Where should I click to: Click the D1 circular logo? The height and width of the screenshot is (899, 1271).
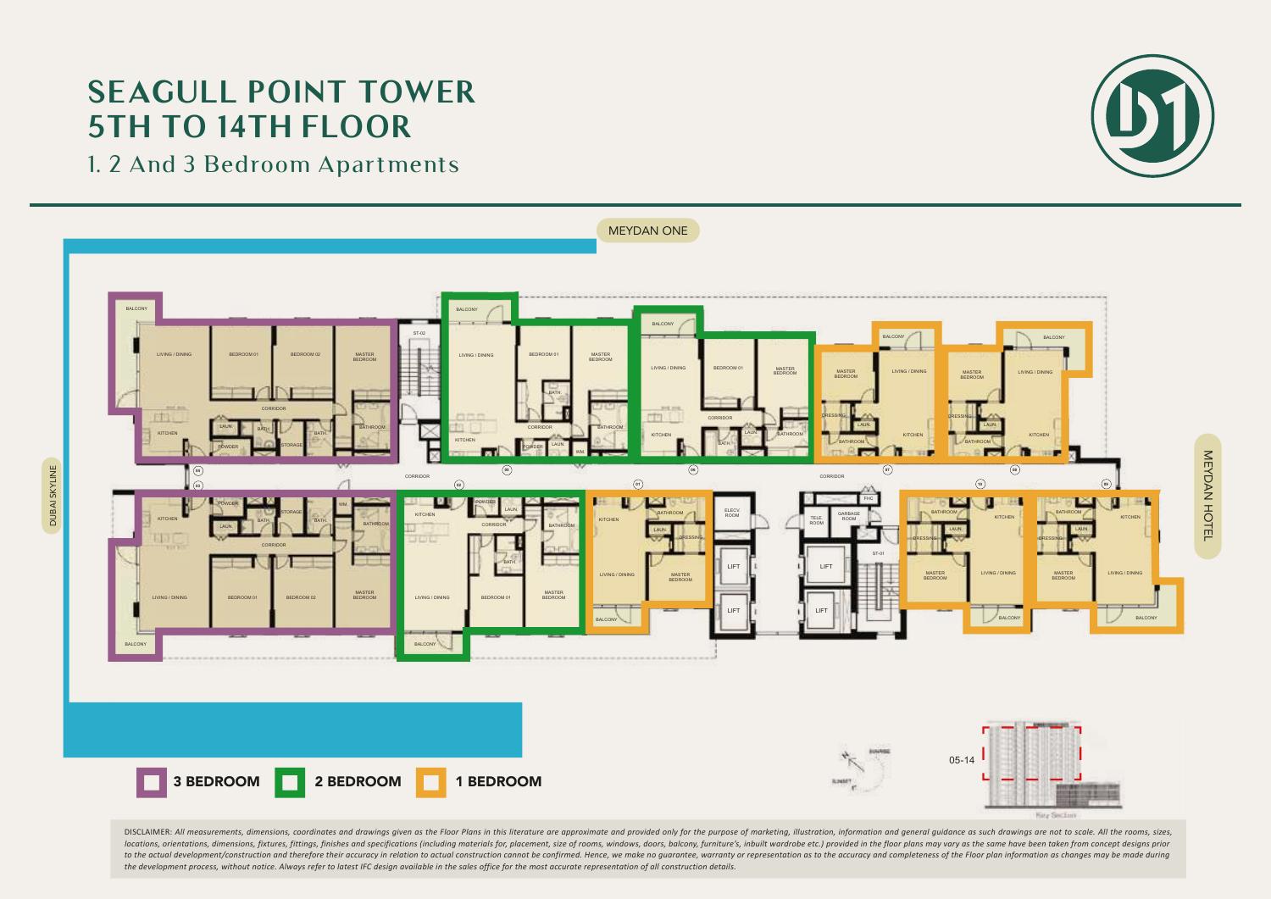[1152, 116]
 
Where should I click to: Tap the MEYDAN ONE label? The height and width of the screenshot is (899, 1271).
[648, 230]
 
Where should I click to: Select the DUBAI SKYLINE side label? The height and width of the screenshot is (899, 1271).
[53, 496]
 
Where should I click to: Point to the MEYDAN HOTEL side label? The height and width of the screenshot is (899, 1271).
[1207, 496]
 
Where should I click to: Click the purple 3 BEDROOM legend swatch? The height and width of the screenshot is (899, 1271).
[152, 782]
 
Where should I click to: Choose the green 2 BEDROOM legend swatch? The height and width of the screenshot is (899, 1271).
[290, 782]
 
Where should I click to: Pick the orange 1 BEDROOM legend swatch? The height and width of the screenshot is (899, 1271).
[430, 782]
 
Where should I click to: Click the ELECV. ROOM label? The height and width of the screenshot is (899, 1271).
[732, 513]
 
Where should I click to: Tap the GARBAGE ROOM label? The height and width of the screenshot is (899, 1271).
[848, 516]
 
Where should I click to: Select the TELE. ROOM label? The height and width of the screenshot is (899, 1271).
[816, 520]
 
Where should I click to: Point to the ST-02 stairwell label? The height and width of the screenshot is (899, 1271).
[419, 333]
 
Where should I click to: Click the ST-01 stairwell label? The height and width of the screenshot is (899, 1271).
[878, 553]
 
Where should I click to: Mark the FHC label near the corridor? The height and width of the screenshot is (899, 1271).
[868, 498]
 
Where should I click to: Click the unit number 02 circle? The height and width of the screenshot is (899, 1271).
[459, 485]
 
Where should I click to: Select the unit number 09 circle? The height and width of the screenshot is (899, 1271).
[1106, 484]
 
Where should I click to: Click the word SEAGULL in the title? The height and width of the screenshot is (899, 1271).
[161, 92]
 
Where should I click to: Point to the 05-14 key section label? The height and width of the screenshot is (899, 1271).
[962, 760]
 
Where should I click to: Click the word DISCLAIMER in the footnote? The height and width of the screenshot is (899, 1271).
[147, 832]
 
